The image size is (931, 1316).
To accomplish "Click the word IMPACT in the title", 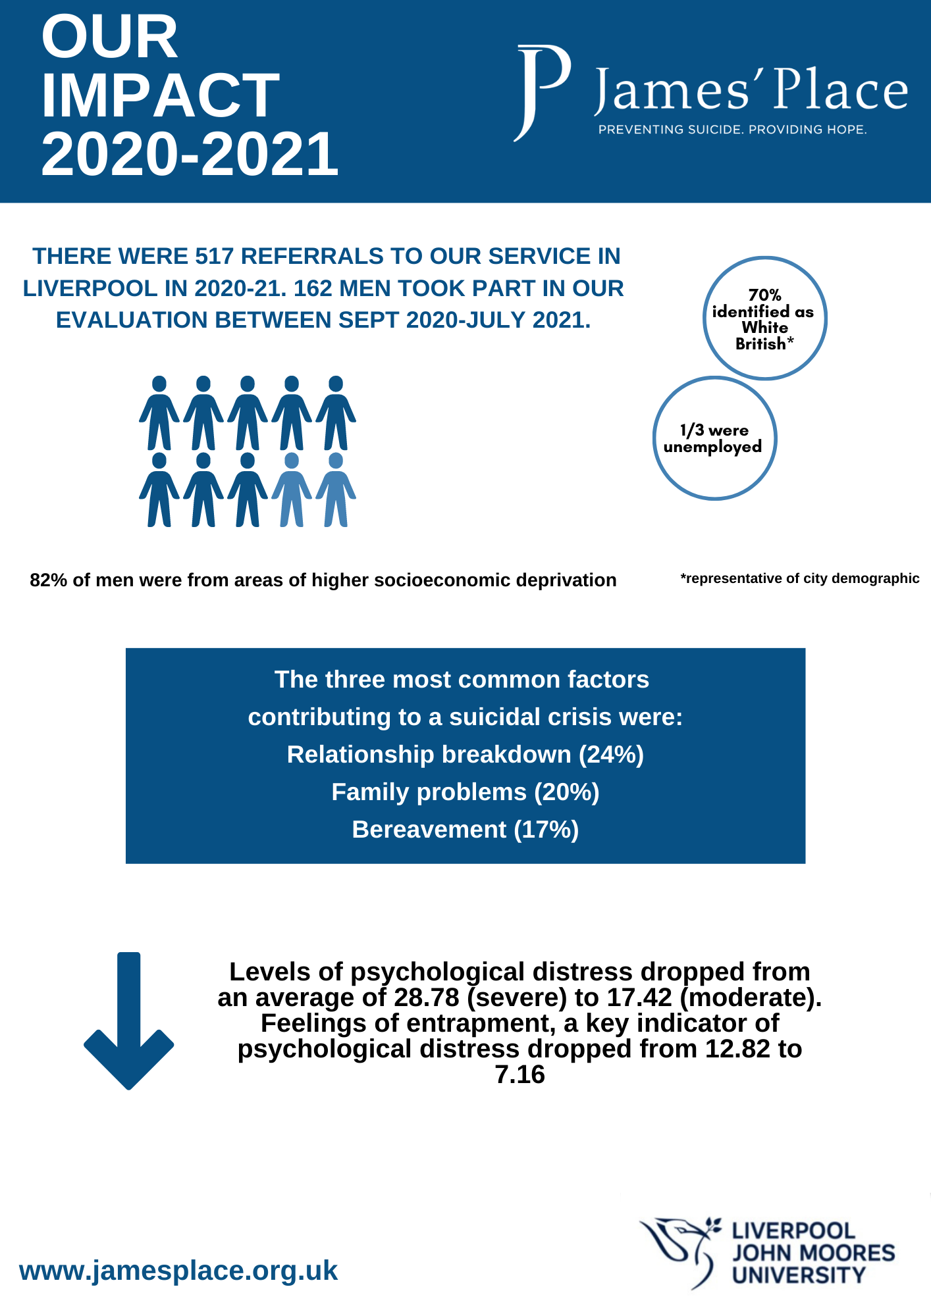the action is pos(161,95).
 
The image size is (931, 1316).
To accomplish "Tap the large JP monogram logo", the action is pos(541,93).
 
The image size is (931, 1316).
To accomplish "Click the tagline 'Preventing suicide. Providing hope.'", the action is pos(732,130).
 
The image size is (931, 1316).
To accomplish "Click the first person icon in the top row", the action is pos(159,413).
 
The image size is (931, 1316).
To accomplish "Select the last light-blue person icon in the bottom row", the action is pos(336,490).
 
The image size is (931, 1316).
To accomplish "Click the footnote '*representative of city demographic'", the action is pos(799,578).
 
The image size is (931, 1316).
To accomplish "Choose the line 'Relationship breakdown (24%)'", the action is pos(465,754).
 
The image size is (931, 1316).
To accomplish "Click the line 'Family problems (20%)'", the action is pos(465,792).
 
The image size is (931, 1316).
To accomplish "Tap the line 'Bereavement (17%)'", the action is pos(465,829).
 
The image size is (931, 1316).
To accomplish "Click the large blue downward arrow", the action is pos(129,1021).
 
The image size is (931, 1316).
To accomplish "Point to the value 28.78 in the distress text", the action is pos(427,998).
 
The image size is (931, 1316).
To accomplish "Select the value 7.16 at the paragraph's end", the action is pos(520,1075).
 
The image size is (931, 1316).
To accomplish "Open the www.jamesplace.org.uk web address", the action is pos(178,1270).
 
